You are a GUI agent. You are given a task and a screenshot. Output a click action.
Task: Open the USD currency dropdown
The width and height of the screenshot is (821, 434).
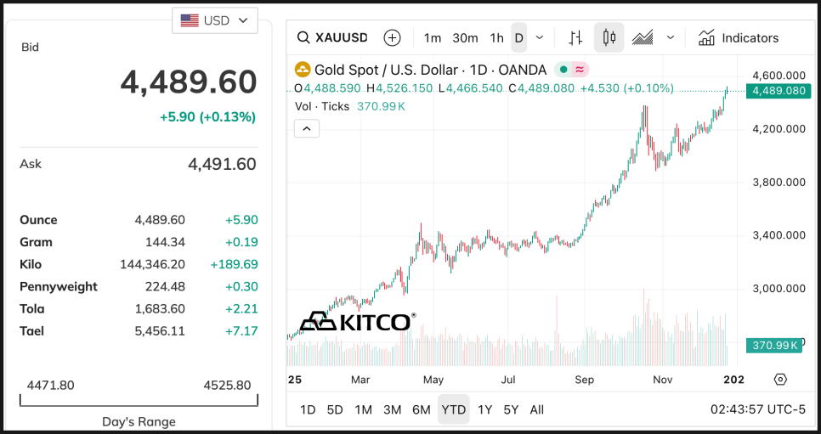[x=215, y=20]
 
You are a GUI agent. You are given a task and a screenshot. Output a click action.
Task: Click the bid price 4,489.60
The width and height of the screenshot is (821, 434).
[x=188, y=82]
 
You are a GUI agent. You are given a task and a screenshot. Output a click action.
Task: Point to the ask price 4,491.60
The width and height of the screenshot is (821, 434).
[x=221, y=164]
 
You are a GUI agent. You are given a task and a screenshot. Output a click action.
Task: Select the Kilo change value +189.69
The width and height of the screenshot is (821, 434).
[x=234, y=264]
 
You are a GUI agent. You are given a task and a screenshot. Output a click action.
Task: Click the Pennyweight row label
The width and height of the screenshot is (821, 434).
[x=59, y=286]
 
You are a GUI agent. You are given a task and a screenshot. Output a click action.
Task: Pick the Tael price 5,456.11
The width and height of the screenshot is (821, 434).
[x=160, y=330]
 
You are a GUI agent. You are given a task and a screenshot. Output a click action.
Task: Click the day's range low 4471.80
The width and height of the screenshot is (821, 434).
[x=51, y=385]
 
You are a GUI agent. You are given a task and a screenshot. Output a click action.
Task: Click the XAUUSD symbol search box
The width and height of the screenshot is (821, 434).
[x=332, y=37]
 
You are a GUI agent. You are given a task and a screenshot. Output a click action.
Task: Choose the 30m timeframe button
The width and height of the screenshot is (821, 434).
[x=465, y=37]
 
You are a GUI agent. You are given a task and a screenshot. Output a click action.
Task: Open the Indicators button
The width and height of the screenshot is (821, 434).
[x=738, y=37]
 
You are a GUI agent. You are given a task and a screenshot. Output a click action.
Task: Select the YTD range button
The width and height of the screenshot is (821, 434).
[x=453, y=409]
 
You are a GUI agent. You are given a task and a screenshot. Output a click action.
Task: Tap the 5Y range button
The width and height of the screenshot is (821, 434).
[x=510, y=409]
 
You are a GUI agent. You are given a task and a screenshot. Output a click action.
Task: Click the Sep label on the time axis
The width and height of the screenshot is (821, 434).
[x=584, y=380]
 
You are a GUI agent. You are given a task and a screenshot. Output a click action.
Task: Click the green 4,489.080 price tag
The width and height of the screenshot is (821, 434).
[x=775, y=91]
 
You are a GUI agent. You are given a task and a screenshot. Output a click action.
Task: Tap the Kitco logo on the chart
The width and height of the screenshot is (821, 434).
[x=358, y=322]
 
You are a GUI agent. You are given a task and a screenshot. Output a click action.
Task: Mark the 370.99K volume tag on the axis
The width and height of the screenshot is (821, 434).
[x=774, y=345]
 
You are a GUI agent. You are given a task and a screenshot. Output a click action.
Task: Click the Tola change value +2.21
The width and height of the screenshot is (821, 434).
[x=241, y=308]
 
